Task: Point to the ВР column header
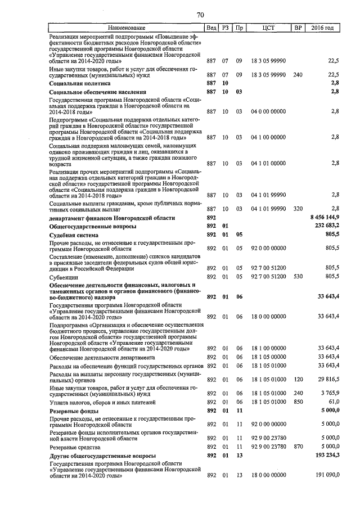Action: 298,28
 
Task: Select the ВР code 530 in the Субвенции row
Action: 298,277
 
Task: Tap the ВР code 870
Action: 298,446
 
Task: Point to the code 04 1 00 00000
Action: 268,137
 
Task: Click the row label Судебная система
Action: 74,235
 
